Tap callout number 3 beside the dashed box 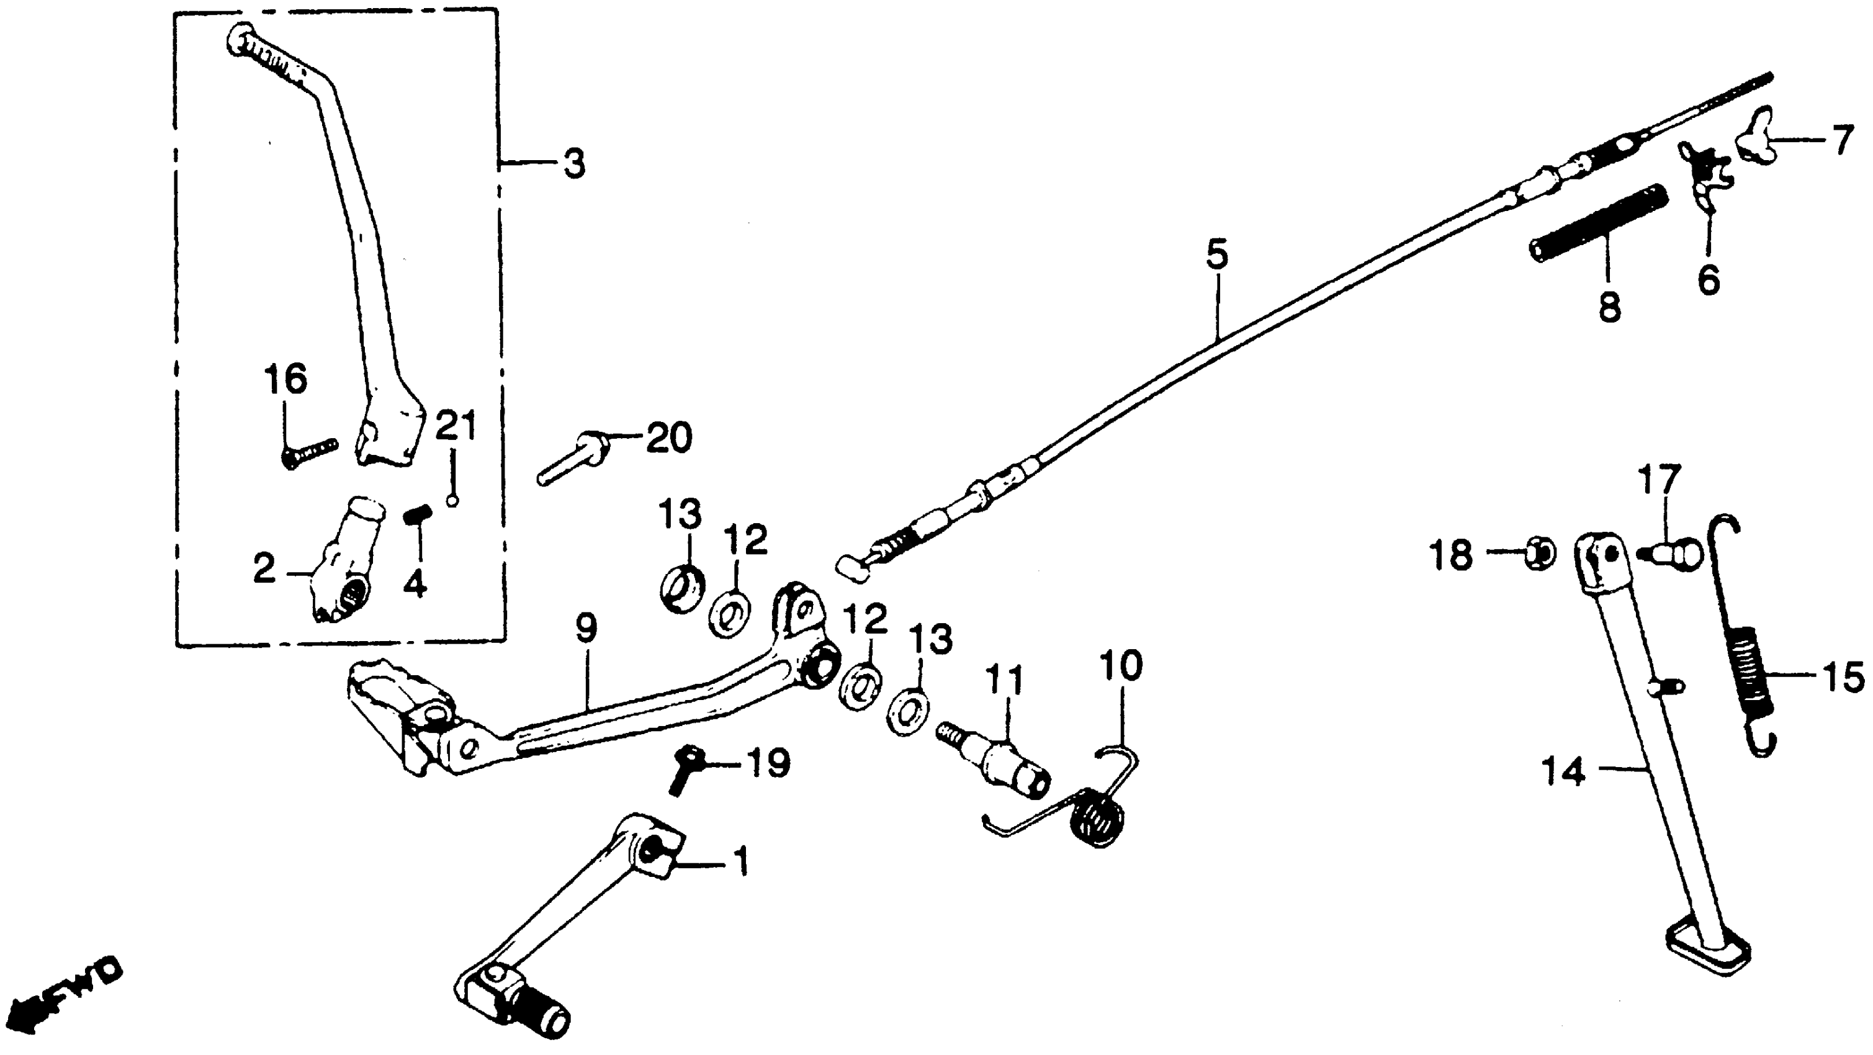573,165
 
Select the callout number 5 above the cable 1216,254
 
